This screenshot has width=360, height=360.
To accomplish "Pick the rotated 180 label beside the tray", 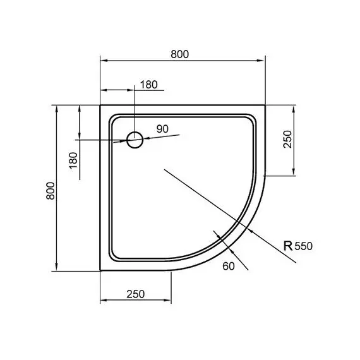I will pyautogui.click(x=72, y=159).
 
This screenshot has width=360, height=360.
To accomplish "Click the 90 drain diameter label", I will pyautogui.click(x=162, y=129).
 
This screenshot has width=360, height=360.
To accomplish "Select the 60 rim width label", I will pyautogui.click(x=229, y=266).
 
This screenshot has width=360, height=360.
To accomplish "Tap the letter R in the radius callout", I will pyautogui.click(x=288, y=246).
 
